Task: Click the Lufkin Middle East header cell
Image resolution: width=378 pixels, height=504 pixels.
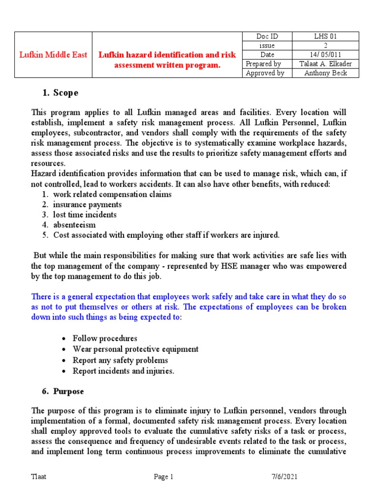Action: [53, 55]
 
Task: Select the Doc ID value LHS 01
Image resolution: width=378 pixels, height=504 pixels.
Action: [325, 36]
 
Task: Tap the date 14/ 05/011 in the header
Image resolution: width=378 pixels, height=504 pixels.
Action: [325, 55]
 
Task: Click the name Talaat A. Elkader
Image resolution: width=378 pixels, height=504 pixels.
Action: [325, 64]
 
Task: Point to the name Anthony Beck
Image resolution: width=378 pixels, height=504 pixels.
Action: [325, 73]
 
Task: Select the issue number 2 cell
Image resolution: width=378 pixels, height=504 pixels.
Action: [325, 45]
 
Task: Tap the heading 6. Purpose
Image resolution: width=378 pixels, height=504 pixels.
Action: [63, 392]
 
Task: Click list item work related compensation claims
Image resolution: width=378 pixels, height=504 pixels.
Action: [112, 194]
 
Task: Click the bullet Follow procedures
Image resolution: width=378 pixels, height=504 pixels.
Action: [105, 339]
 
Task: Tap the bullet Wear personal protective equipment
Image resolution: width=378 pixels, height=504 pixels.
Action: [135, 349]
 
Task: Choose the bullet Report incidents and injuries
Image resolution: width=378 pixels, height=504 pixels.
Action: [123, 371]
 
